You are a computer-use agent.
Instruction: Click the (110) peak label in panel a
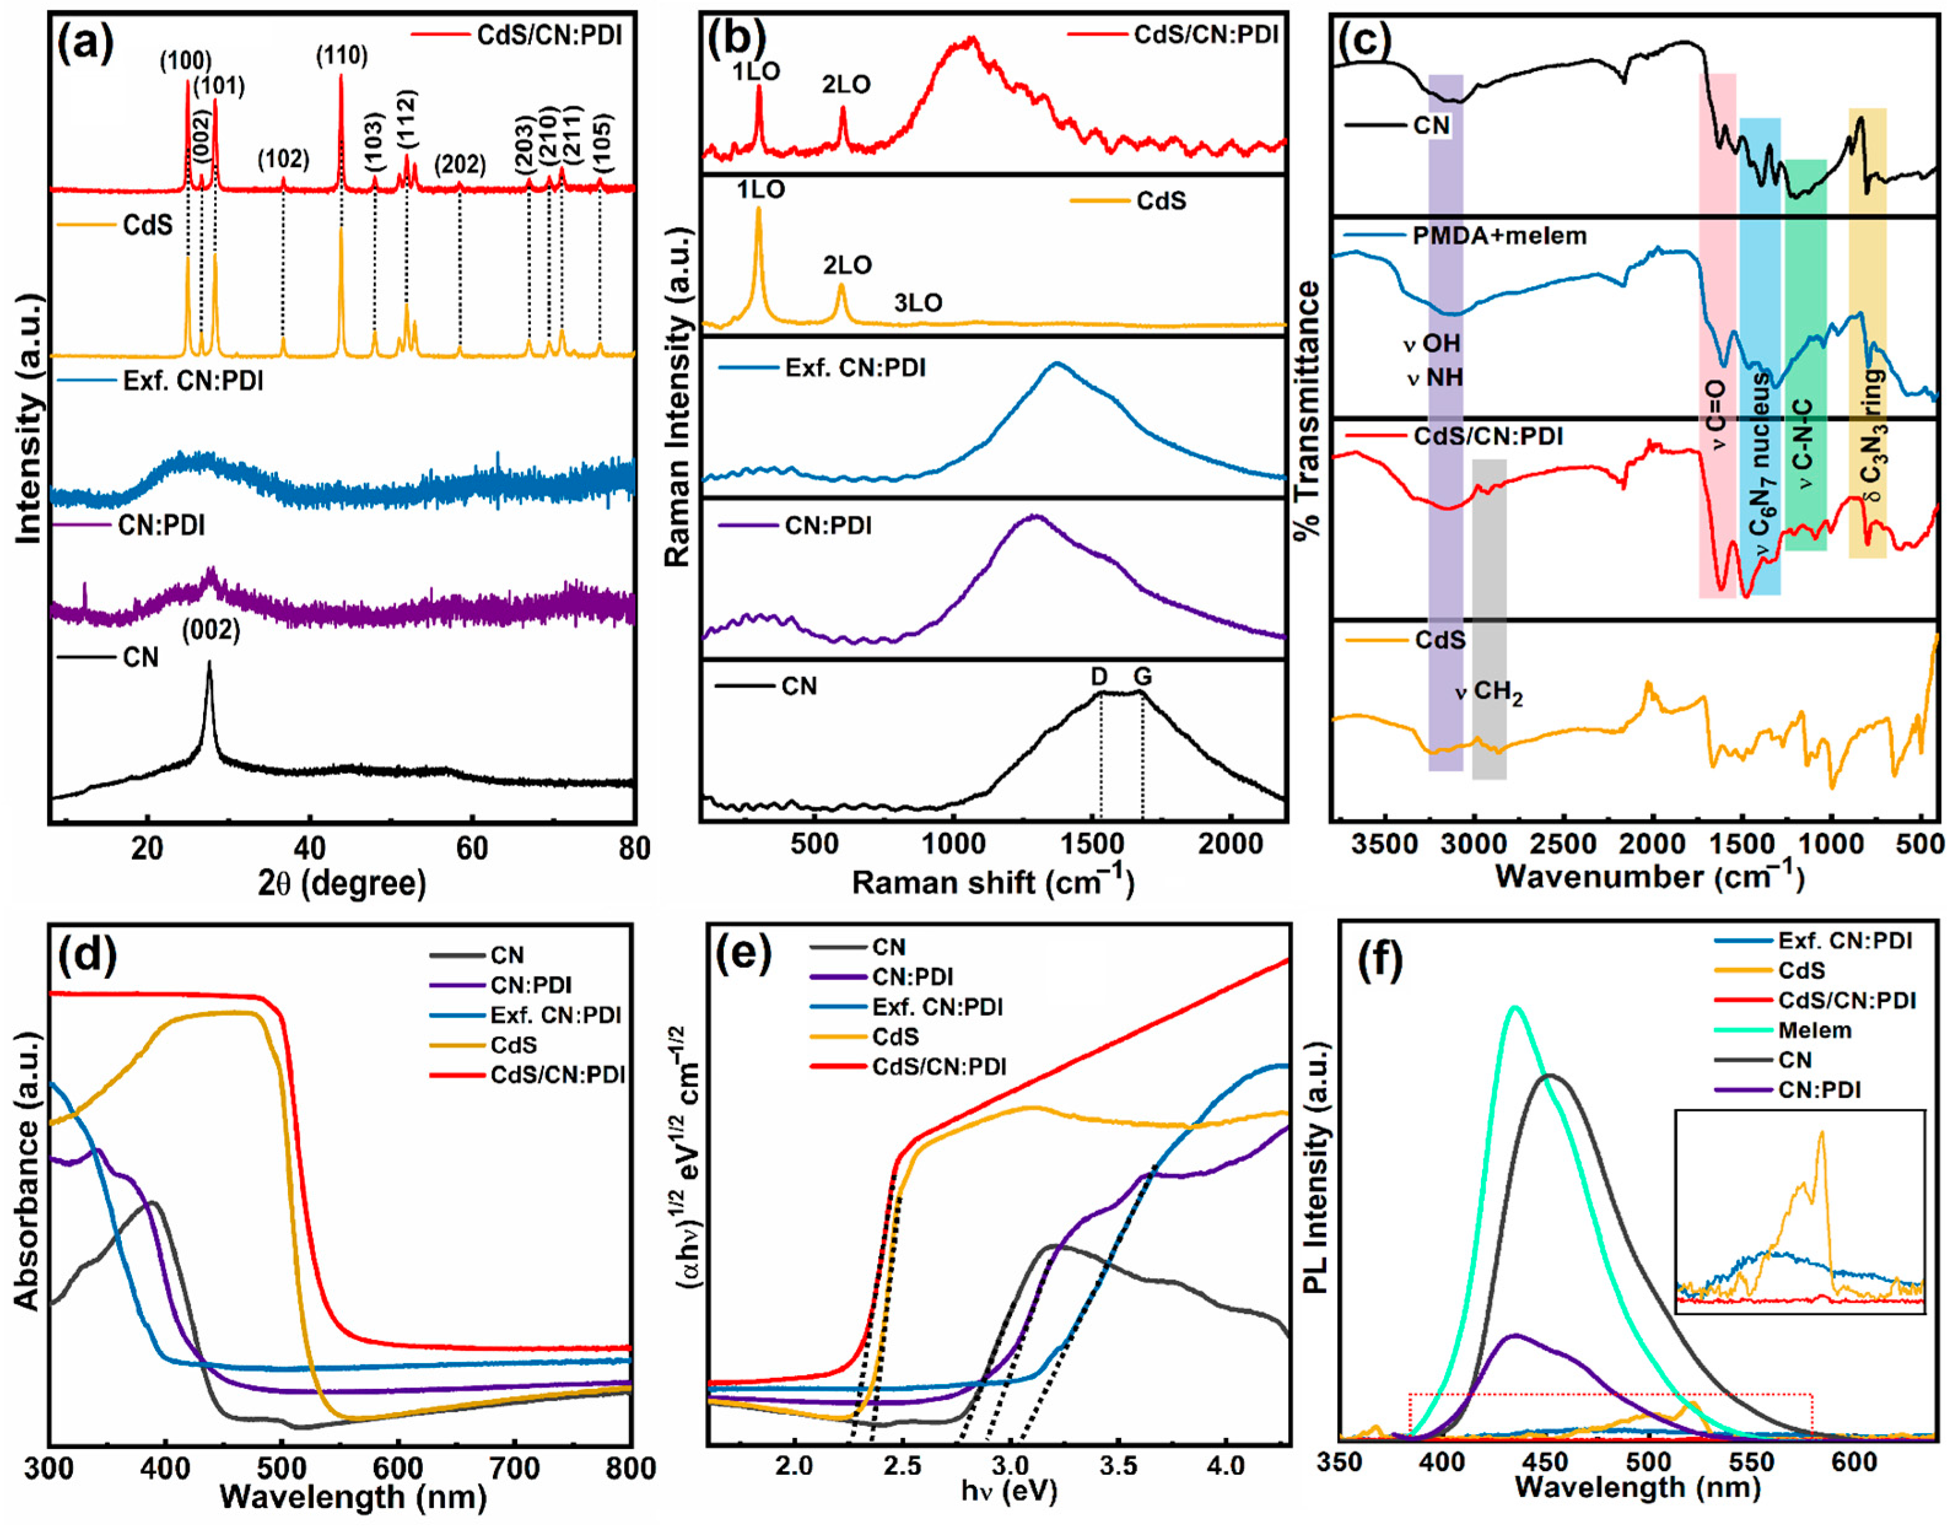tap(342, 55)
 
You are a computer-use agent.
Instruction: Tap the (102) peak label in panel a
tap(283, 159)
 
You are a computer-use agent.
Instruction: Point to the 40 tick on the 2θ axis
tap(309, 848)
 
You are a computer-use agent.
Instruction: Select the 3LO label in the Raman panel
tap(918, 303)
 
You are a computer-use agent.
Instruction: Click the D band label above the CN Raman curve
tap(1100, 677)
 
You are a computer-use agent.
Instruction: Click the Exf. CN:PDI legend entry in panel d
tap(555, 1015)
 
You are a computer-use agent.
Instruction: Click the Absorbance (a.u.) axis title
tap(27, 1172)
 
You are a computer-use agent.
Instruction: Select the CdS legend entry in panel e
tap(895, 1037)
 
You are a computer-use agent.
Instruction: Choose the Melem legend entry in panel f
tap(1815, 1030)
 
